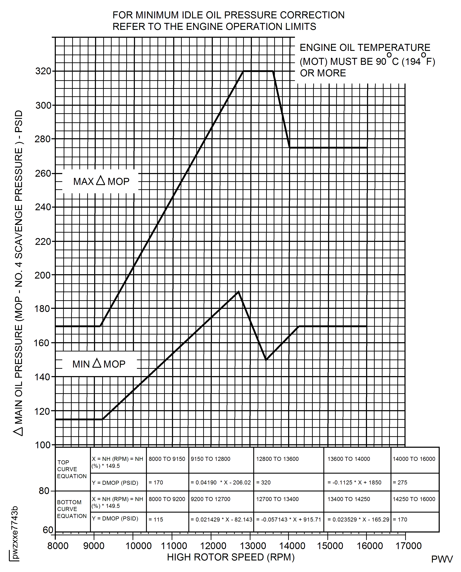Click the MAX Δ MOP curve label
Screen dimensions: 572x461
[101, 181]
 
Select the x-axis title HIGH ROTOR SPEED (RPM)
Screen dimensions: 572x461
[231, 557]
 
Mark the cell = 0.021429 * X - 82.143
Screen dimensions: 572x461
[221, 519]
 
